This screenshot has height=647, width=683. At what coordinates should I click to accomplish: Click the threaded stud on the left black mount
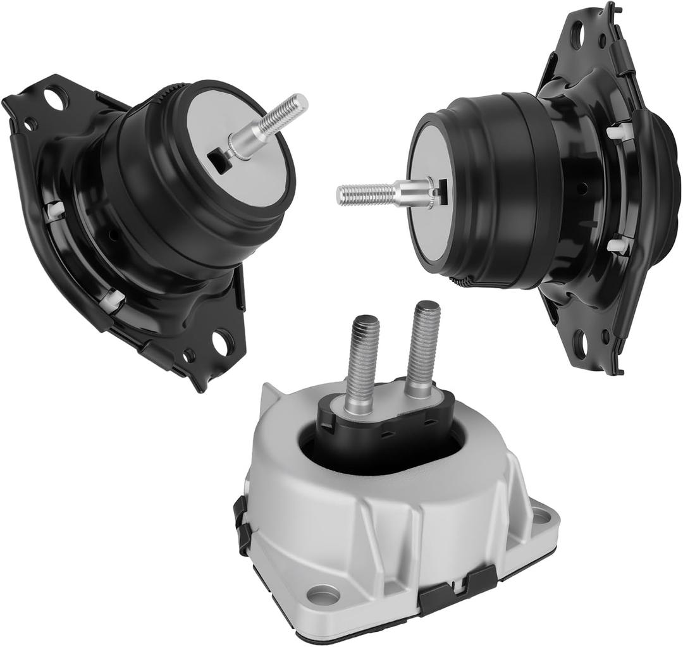278,120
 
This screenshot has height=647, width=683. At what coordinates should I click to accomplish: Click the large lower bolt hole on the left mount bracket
222,342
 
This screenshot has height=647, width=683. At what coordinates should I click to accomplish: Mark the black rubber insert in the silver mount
386,430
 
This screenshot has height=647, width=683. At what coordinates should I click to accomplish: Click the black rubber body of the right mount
506,190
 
